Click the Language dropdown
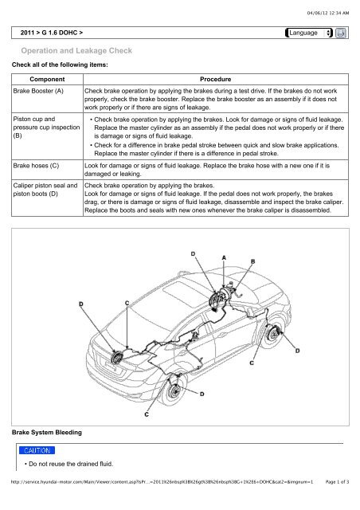pos(309,33)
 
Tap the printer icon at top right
pos(341,33)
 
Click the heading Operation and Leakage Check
pos(76,51)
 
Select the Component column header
pos(47,79)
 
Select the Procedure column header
pos(215,79)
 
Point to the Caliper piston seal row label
pos(45,190)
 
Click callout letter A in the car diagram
pos(224,257)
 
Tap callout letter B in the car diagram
pos(252,261)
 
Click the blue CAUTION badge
pos(37,450)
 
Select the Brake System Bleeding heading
pos(47,432)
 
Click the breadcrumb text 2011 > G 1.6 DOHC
pos(52,33)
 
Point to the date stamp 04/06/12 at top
pos(328,13)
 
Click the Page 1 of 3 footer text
pos(337,481)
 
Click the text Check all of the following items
pos(60,65)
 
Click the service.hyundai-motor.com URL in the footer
pos(162,481)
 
